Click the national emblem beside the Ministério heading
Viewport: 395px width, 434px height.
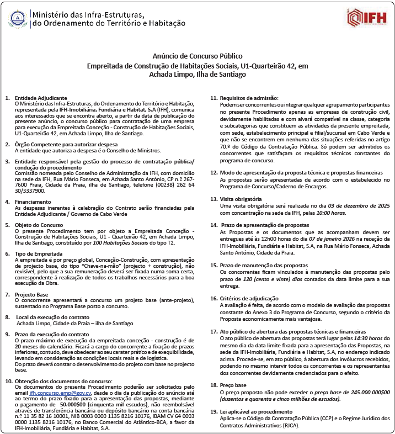[18, 20]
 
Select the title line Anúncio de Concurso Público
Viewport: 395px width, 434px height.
[197, 56]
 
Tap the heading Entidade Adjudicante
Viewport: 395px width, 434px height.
[40, 98]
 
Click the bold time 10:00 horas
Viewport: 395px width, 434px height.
[331, 212]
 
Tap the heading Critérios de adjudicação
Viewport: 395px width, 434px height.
[250, 298]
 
